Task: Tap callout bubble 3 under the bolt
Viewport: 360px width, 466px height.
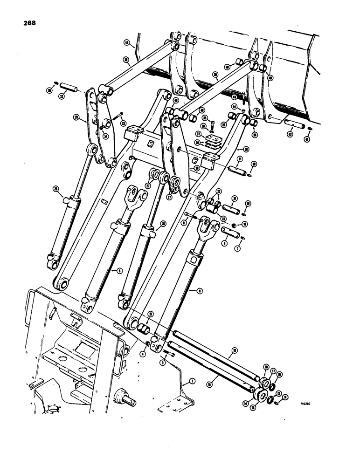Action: tap(162, 362)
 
